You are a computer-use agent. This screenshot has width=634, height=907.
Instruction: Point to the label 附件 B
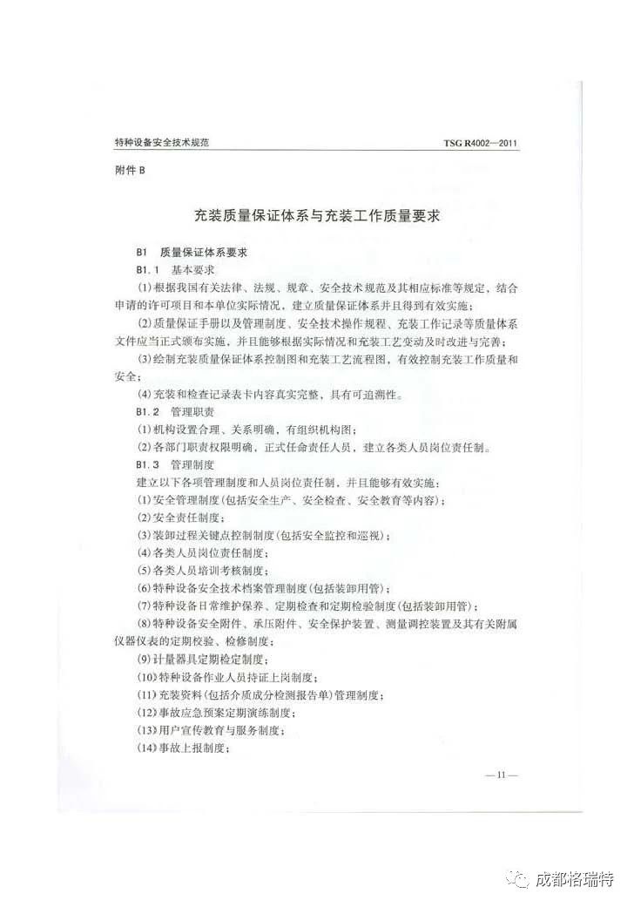click(x=131, y=171)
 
